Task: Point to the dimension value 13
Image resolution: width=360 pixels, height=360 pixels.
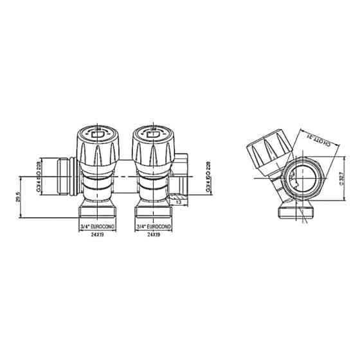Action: tap(178, 202)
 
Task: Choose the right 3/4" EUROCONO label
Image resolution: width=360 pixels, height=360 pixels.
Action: tap(154, 227)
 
